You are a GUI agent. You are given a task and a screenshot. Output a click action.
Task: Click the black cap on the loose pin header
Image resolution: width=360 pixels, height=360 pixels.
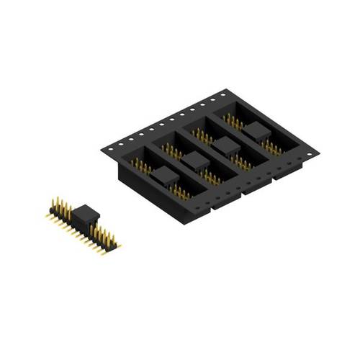point(86,213)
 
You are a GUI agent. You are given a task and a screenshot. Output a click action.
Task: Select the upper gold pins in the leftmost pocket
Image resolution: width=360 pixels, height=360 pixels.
point(141,166)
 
